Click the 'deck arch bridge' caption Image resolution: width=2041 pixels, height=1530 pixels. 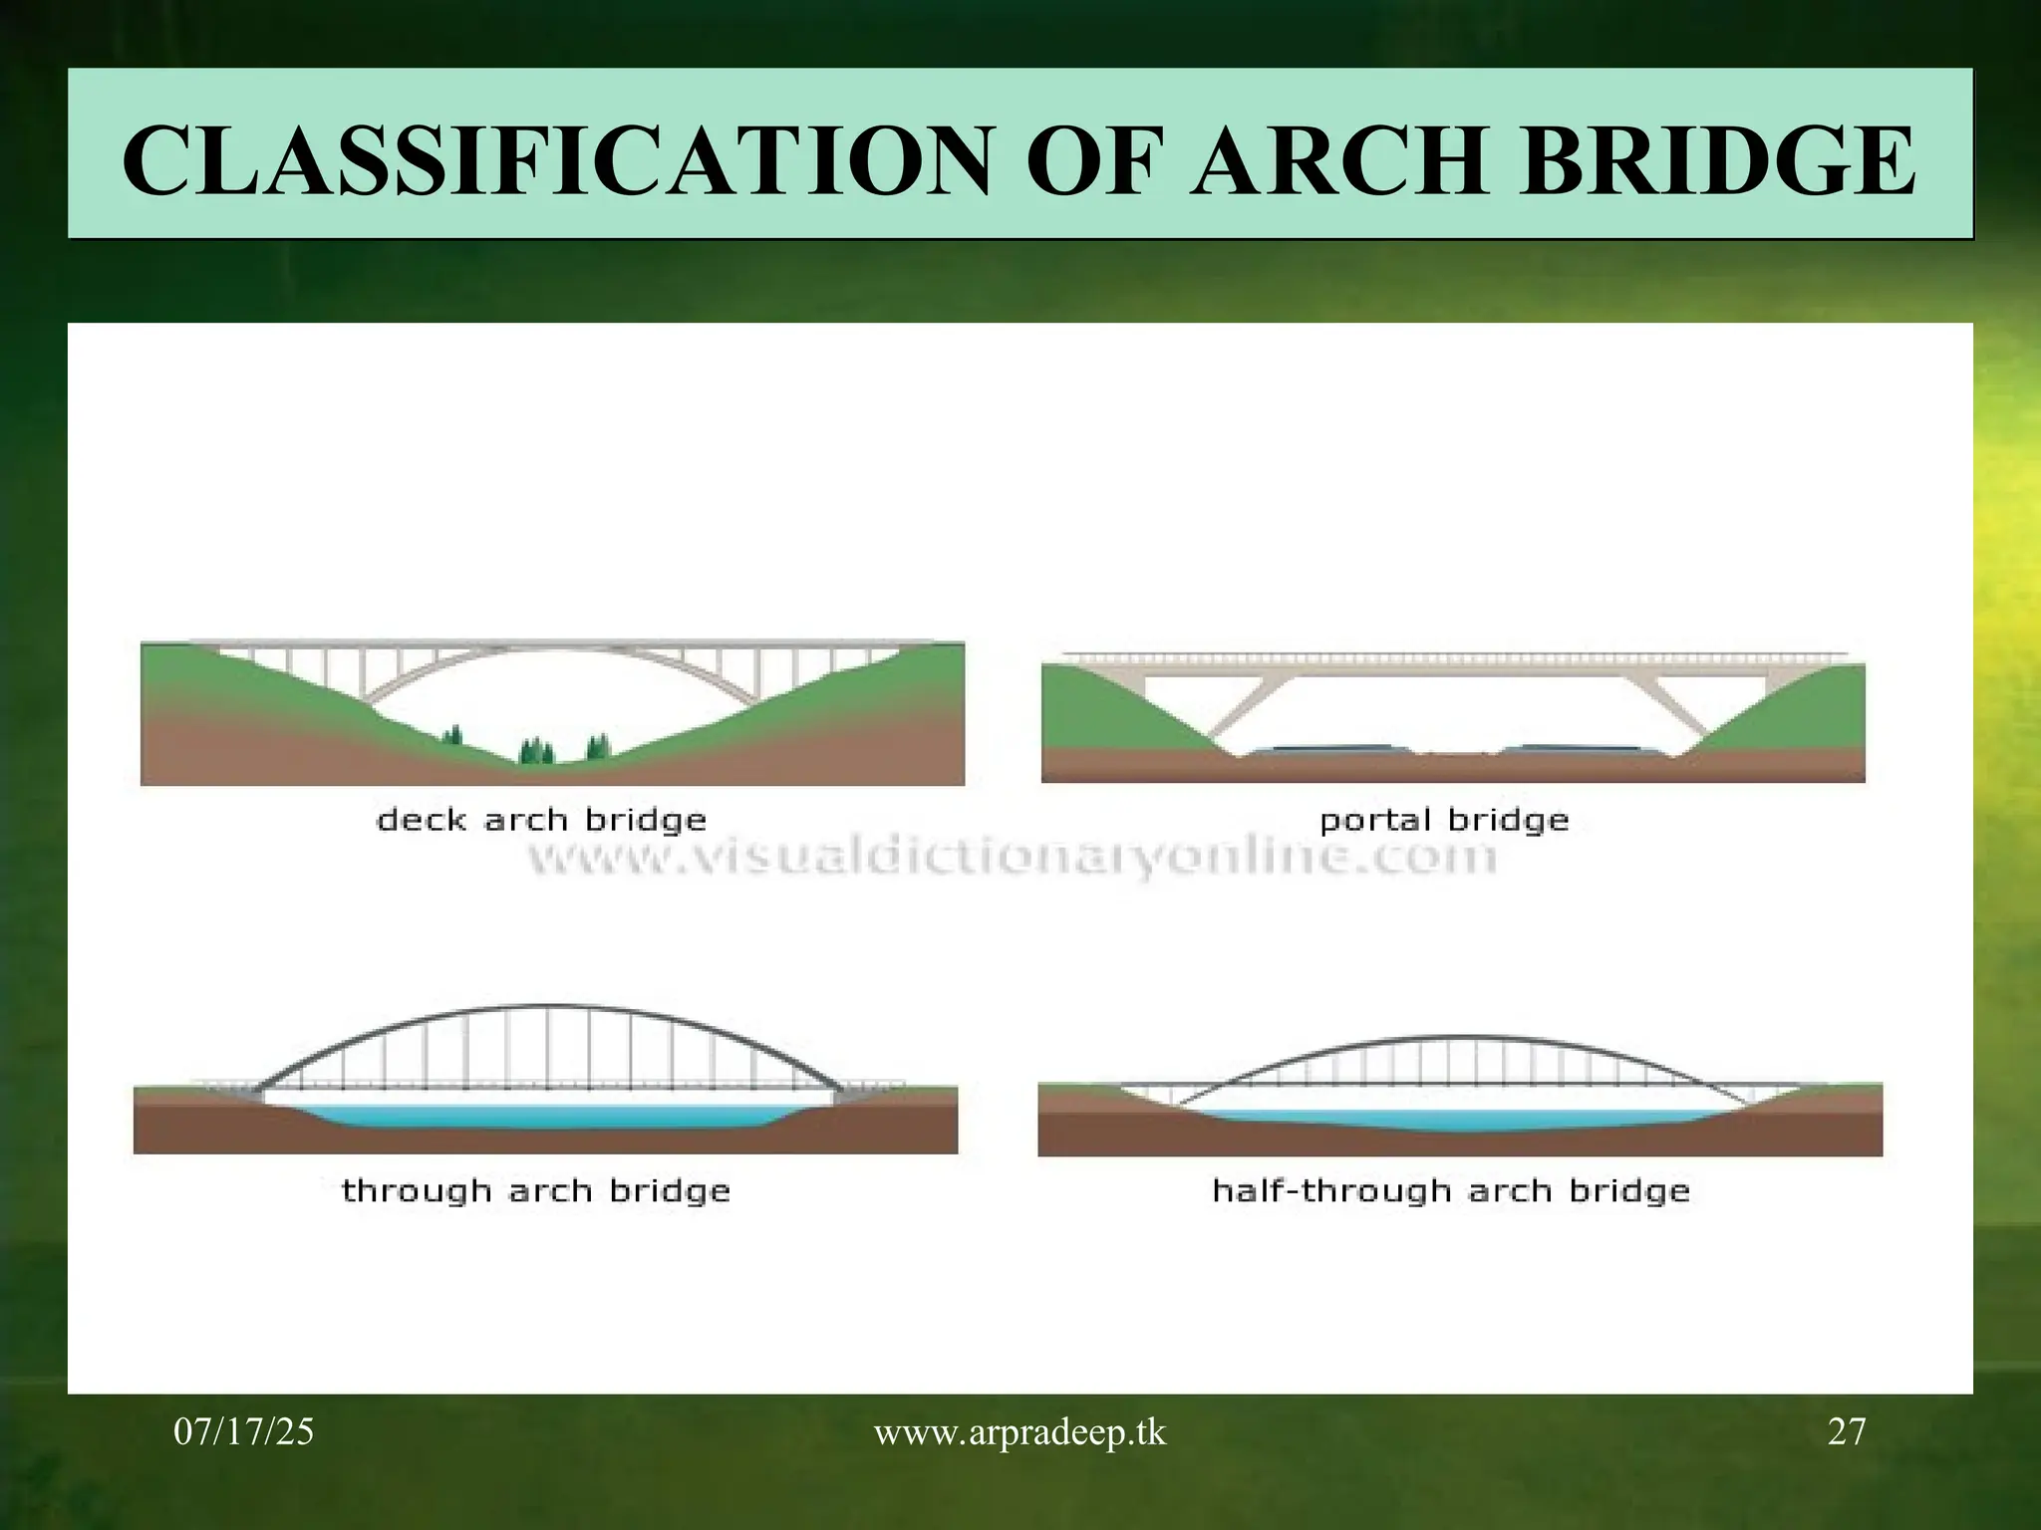[x=541, y=821]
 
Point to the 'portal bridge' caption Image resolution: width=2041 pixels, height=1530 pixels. [x=1444, y=821]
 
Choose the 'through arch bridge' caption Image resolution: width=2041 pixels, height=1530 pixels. [x=536, y=1191]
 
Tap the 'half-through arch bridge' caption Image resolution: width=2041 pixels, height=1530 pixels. [x=1451, y=1191]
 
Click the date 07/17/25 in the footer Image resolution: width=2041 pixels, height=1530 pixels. [x=244, y=1432]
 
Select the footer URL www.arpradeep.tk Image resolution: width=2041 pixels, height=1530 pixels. [x=1020, y=1432]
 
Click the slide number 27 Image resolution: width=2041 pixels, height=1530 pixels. [x=1847, y=1432]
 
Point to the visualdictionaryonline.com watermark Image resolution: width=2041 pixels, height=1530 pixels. [x=1011, y=857]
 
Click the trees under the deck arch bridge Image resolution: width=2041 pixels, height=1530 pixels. [x=538, y=750]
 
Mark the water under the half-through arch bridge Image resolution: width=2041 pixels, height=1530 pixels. [x=1455, y=1120]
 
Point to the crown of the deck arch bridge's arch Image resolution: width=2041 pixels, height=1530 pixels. [x=553, y=652]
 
